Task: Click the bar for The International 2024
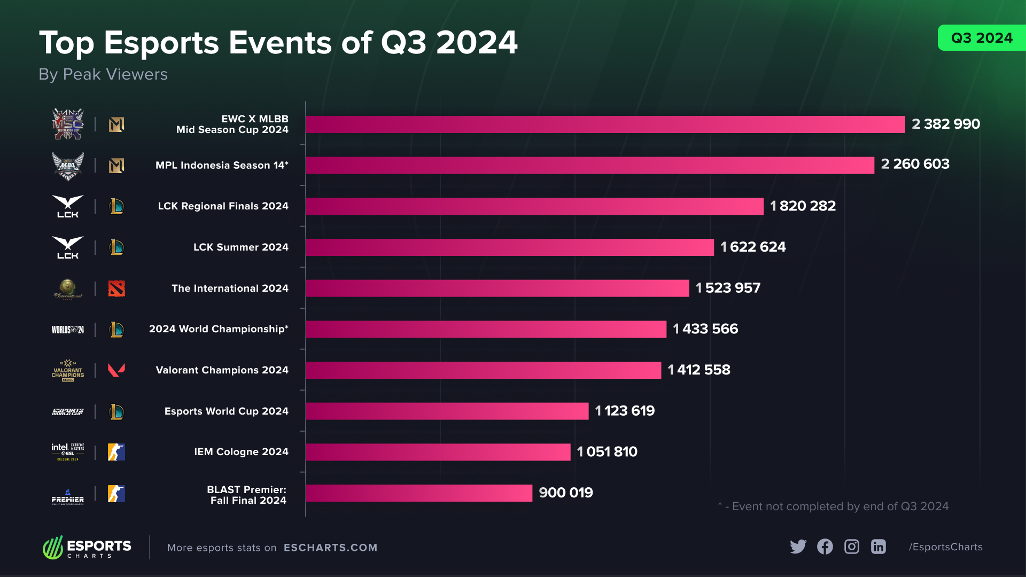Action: click(497, 288)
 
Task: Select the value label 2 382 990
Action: click(945, 124)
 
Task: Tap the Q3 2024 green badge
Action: click(981, 38)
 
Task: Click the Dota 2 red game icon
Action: click(116, 288)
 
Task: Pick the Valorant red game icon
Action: click(116, 370)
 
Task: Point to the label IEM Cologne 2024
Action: click(241, 452)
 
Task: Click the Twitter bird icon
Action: click(798, 547)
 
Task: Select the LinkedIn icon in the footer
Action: click(879, 547)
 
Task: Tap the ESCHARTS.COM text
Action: click(330, 548)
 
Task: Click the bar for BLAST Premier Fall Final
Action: click(419, 493)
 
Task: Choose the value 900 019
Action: click(566, 493)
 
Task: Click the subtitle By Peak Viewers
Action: click(103, 74)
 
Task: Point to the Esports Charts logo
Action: click(87, 548)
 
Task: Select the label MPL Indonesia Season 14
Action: click(222, 166)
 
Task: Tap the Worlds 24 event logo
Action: click(68, 330)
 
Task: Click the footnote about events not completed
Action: click(834, 506)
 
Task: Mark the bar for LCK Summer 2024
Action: click(510, 247)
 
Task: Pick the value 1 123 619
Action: click(625, 411)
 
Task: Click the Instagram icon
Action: click(852, 547)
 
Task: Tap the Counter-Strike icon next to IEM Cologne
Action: click(116, 452)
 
